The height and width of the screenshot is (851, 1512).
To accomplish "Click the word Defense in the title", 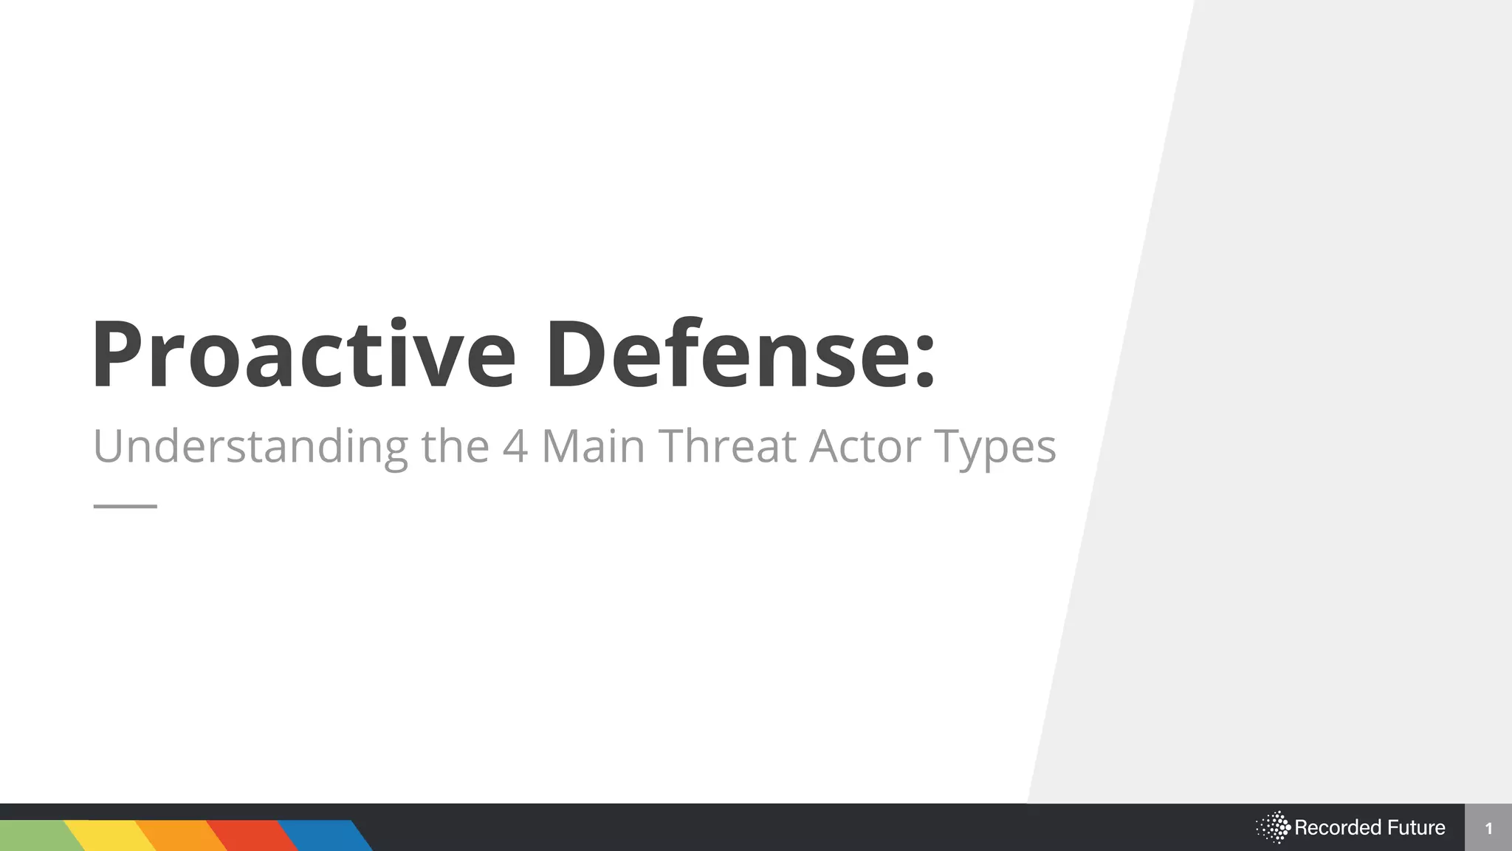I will tap(728, 355).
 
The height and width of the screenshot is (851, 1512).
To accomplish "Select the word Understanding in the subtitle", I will tap(250, 447).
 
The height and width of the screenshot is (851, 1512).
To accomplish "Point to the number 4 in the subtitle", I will tap(515, 446).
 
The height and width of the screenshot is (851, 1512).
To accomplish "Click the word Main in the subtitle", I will tap(593, 445).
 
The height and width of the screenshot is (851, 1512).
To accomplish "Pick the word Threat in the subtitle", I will tap(727, 445).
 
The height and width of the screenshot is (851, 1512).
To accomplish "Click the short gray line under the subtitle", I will tap(126, 506).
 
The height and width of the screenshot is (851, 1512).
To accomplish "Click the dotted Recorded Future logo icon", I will tap(1273, 827).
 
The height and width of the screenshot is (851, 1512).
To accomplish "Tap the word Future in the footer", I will tap(1416, 827).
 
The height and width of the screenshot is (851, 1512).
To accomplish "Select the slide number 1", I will tap(1488, 828).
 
